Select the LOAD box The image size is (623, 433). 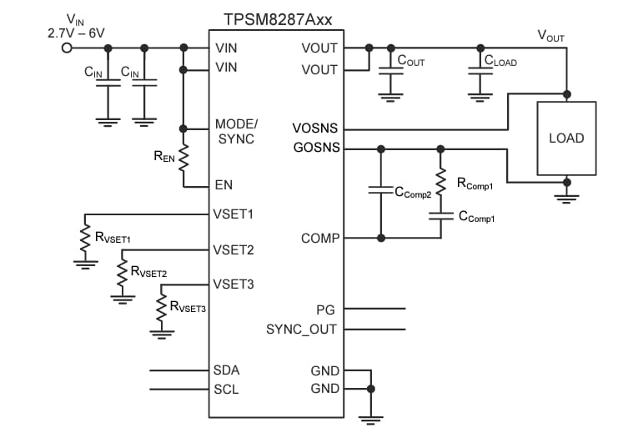pos(566,138)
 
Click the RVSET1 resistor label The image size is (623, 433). pos(118,238)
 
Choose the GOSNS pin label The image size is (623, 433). pos(315,149)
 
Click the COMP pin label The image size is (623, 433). pos(319,238)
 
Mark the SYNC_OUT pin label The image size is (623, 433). pos(301,329)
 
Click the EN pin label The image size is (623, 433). pos(223,185)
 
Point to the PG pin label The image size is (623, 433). pos(326,308)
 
